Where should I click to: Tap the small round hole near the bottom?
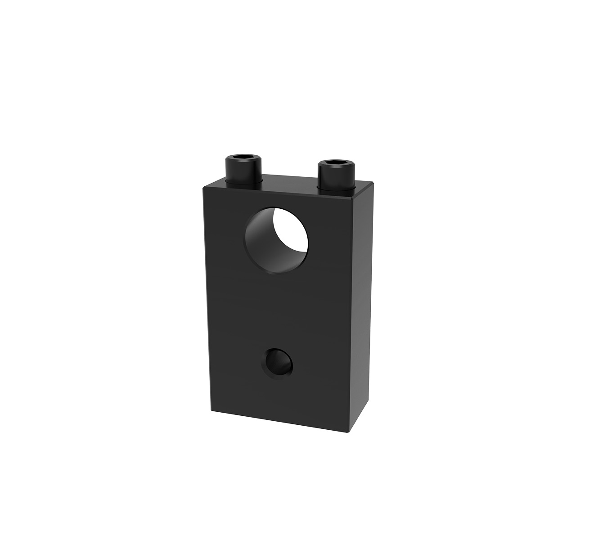(x=278, y=362)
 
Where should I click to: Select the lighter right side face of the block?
(x=363, y=306)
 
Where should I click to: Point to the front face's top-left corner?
(x=203, y=187)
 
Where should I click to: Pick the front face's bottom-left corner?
(x=211, y=410)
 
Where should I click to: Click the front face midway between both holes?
(x=277, y=310)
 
